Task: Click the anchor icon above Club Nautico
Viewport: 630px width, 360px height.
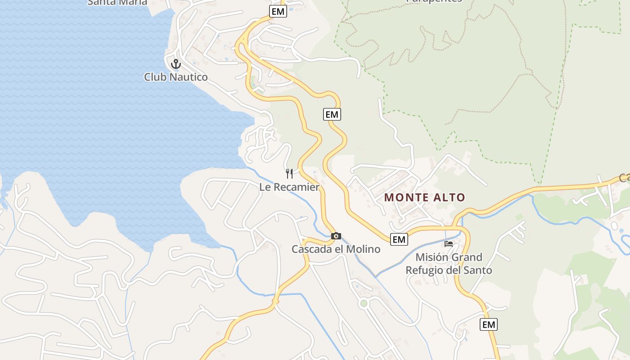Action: click(175, 64)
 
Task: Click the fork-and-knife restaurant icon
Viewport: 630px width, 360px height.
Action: click(289, 173)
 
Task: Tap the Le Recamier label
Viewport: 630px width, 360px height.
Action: click(289, 187)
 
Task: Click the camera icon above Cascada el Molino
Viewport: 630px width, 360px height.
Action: click(336, 236)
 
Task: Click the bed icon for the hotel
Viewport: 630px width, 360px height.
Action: click(449, 244)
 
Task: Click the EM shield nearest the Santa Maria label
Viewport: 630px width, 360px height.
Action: click(278, 12)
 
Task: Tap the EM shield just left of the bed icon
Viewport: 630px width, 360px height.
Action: click(399, 239)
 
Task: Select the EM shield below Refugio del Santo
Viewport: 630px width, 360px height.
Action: click(488, 324)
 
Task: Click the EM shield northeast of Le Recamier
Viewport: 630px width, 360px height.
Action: click(332, 114)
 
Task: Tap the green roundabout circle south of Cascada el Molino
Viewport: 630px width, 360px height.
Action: click(364, 303)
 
